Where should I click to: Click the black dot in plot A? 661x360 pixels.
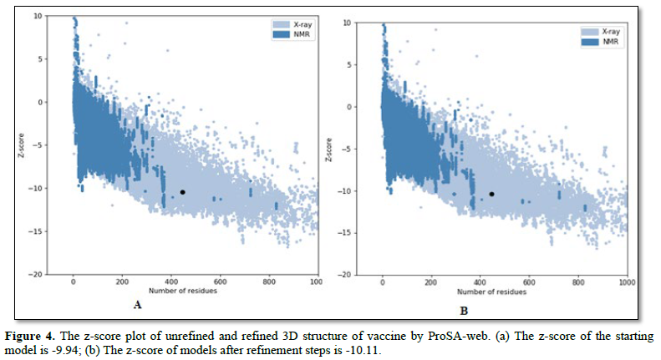pyautogui.click(x=182, y=192)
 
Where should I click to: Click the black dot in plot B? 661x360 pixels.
pyautogui.click(x=492, y=194)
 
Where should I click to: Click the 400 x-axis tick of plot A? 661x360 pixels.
pyautogui.click(x=171, y=282)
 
